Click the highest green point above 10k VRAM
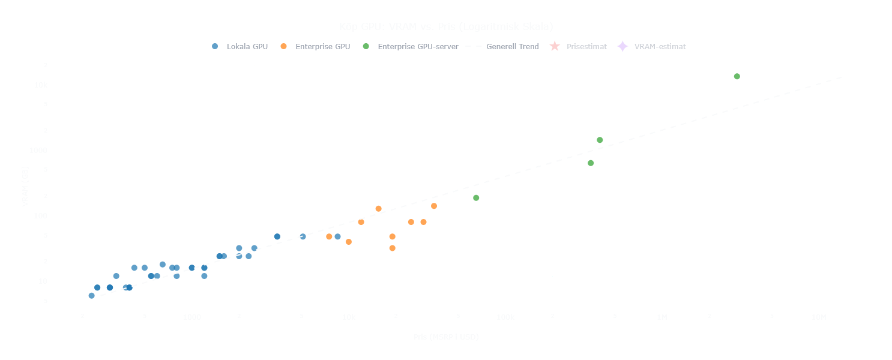pyautogui.click(x=737, y=76)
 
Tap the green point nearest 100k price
pyautogui.click(x=476, y=198)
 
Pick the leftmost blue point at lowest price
pyautogui.click(x=91, y=295)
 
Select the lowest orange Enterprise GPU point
pyautogui.click(x=392, y=248)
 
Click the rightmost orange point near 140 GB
pyautogui.click(x=434, y=206)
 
